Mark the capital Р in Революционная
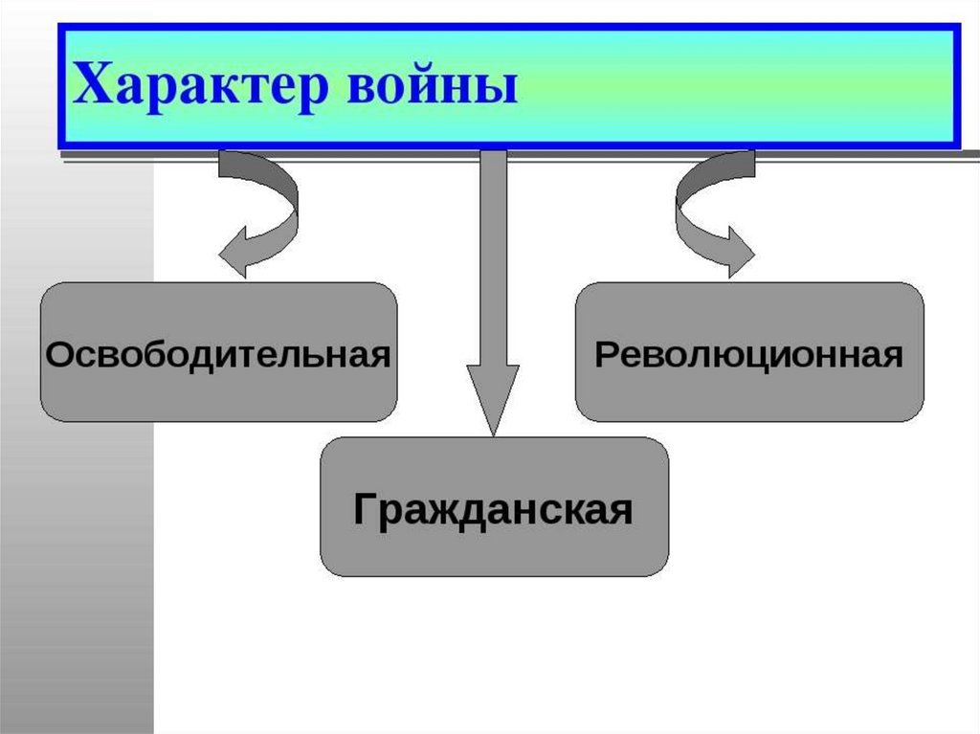[605, 355]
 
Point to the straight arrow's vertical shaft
[493, 258]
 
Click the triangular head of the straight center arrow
[493, 397]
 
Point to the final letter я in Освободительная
[380, 357]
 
